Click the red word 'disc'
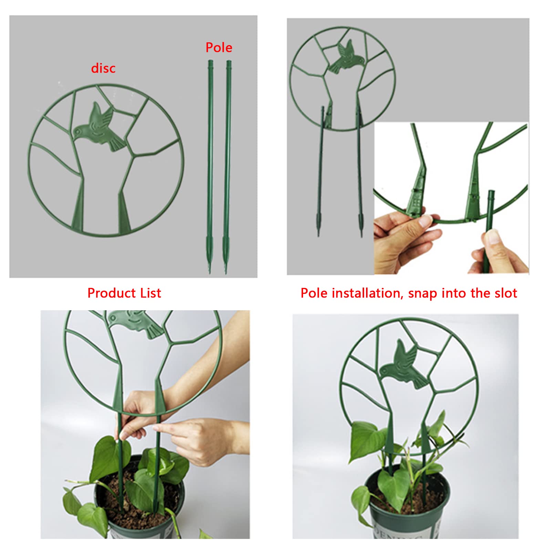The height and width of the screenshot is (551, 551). click(x=103, y=68)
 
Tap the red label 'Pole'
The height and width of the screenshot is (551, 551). click(x=219, y=48)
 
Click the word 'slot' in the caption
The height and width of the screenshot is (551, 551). click(x=506, y=293)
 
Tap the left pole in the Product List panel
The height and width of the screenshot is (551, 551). click(x=210, y=167)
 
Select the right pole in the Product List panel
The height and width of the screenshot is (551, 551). click(x=227, y=167)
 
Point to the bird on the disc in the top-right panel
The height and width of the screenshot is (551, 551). click(x=345, y=56)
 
